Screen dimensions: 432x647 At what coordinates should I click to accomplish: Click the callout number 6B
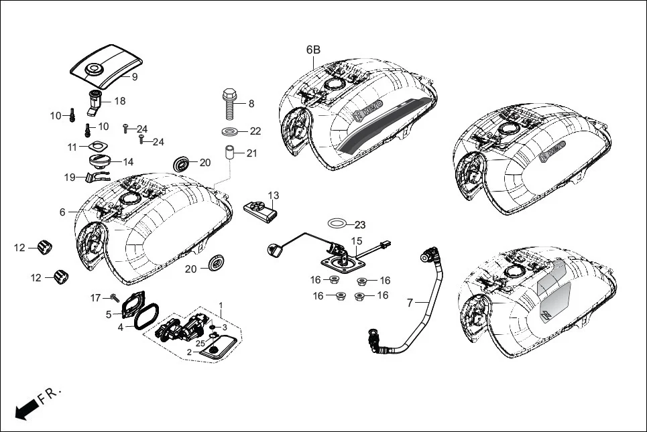313,50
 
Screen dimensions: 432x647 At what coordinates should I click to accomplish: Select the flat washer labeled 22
230,131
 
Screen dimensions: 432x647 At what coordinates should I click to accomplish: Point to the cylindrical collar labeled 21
230,153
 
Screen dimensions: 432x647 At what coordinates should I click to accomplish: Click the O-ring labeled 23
338,222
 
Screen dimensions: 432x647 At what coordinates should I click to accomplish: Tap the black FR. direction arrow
25,409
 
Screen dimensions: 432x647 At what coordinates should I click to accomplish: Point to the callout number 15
357,240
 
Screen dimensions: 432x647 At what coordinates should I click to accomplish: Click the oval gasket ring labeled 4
146,317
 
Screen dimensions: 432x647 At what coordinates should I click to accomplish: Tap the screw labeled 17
115,297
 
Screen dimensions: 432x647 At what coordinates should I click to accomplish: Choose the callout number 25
200,343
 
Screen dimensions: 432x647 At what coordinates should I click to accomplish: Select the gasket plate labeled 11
98,147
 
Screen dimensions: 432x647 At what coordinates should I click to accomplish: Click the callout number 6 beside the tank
62,212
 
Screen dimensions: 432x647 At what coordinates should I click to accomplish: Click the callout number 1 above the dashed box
222,304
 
